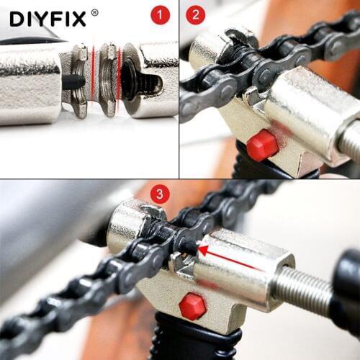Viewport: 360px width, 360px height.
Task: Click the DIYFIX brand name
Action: [48, 17]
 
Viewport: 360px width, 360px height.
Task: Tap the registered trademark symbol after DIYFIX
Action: [94, 12]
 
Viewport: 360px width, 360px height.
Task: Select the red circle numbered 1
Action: [160, 15]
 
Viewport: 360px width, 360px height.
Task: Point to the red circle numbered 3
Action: [161, 194]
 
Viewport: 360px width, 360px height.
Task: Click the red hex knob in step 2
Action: [262, 145]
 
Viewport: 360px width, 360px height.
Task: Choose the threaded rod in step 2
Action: [349, 140]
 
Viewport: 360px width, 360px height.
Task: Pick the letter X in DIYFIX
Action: [78, 17]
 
